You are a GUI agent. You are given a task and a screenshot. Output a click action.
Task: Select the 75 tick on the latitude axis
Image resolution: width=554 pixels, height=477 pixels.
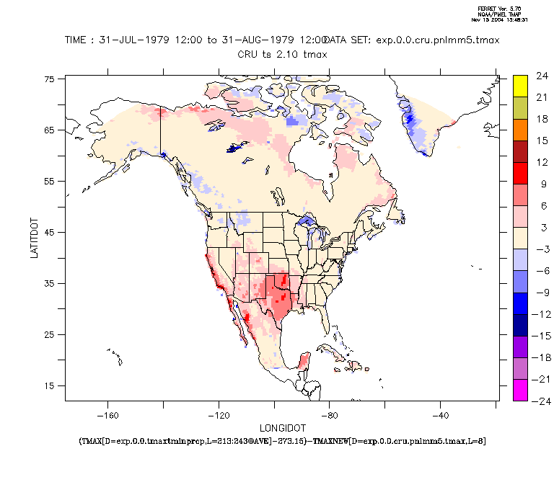(x=50, y=79)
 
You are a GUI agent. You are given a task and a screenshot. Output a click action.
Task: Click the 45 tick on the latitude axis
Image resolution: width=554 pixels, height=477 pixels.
(x=50, y=232)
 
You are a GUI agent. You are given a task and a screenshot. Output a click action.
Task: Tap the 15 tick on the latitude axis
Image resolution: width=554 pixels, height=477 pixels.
(x=50, y=385)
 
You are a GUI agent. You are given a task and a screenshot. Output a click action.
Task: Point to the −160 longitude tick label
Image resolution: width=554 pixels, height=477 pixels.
(x=107, y=415)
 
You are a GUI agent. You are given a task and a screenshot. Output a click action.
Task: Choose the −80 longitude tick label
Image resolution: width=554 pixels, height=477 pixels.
(x=330, y=415)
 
